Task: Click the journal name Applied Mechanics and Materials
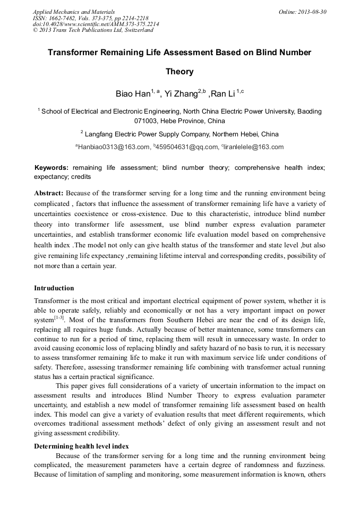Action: click(73, 11)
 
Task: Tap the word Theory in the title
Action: click(179, 71)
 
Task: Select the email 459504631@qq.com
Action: click(186, 147)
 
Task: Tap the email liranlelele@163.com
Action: click(254, 147)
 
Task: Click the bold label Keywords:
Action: click(52, 167)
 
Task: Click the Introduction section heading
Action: click(54, 288)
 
